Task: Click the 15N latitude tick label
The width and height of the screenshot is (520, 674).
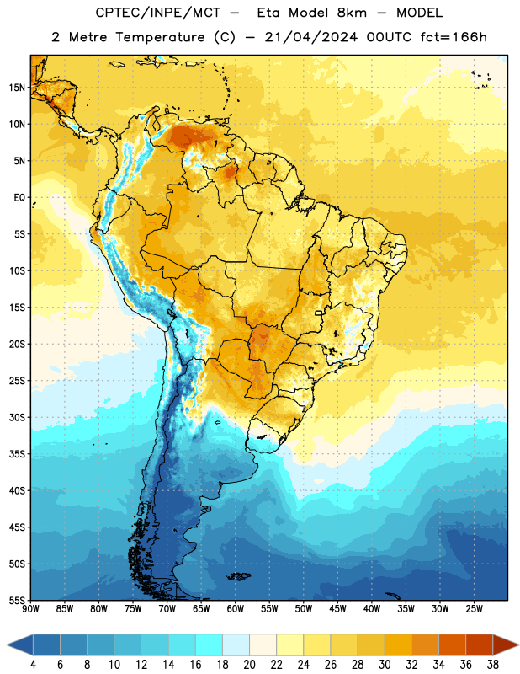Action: click(x=17, y=88)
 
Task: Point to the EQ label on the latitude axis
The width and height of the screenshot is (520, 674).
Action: click(x=19, y=198)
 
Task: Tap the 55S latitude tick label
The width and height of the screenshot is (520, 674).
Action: click(x=17, y=600)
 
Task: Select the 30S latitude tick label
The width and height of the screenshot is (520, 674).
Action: click(x=17, y=417)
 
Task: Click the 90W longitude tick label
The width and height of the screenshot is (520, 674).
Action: click(x=31, y=608)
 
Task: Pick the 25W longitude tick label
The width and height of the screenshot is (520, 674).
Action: click(x=474, y=608)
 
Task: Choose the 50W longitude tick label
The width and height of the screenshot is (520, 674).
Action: click(x=304, y=608)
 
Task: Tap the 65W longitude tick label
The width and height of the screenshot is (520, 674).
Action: click(x=201, y=608)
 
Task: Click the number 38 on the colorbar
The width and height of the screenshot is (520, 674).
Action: click(x=493, y=665)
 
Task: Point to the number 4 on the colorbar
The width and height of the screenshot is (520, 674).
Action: click(x=33, y=665)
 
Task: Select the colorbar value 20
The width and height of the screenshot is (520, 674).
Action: click(x=249, y=665)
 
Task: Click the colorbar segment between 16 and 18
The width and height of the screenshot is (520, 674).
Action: click(x=210, y=645)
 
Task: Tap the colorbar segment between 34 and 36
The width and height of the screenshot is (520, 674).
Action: click(x=452, y=645)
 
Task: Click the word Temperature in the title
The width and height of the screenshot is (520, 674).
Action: click(x=160, y=37)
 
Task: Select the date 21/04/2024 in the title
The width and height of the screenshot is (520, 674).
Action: click(x=310, y=37)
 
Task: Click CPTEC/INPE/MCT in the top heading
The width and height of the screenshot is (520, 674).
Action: click(x=158, y=13)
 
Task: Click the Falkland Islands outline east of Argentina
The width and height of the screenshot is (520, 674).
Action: click(x=238, y=576)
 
